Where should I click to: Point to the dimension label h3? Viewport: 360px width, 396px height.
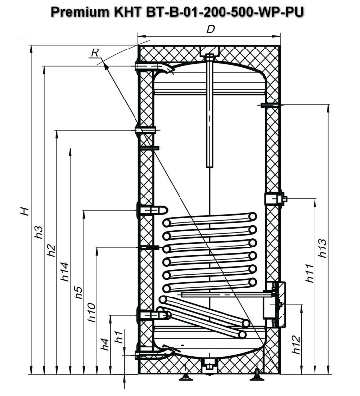(x=39, y=232)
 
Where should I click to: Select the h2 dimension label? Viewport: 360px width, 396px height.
(x=51, y=250)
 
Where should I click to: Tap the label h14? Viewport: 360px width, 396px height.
(x=65, y=272)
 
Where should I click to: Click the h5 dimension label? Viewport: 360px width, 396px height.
(x=78, y=293)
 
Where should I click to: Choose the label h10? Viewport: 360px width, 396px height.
(x=91, y=313)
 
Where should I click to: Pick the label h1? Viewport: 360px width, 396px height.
(x=119, y=337)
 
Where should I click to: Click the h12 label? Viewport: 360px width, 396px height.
(x=296, y=345)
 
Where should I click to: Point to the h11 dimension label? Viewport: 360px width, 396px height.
(x=309, y=273)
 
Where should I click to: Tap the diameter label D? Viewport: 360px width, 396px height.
(x=210, y=30)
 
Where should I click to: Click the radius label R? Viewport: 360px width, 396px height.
(x=95, y=53)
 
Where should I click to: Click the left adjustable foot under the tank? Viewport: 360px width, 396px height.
(x=186, y=377)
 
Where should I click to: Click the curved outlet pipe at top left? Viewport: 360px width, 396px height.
(x=154, y=67)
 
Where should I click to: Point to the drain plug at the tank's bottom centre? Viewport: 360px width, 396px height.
(x=209, y=367)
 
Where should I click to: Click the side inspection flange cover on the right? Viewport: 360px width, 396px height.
(x=281, y=304)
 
